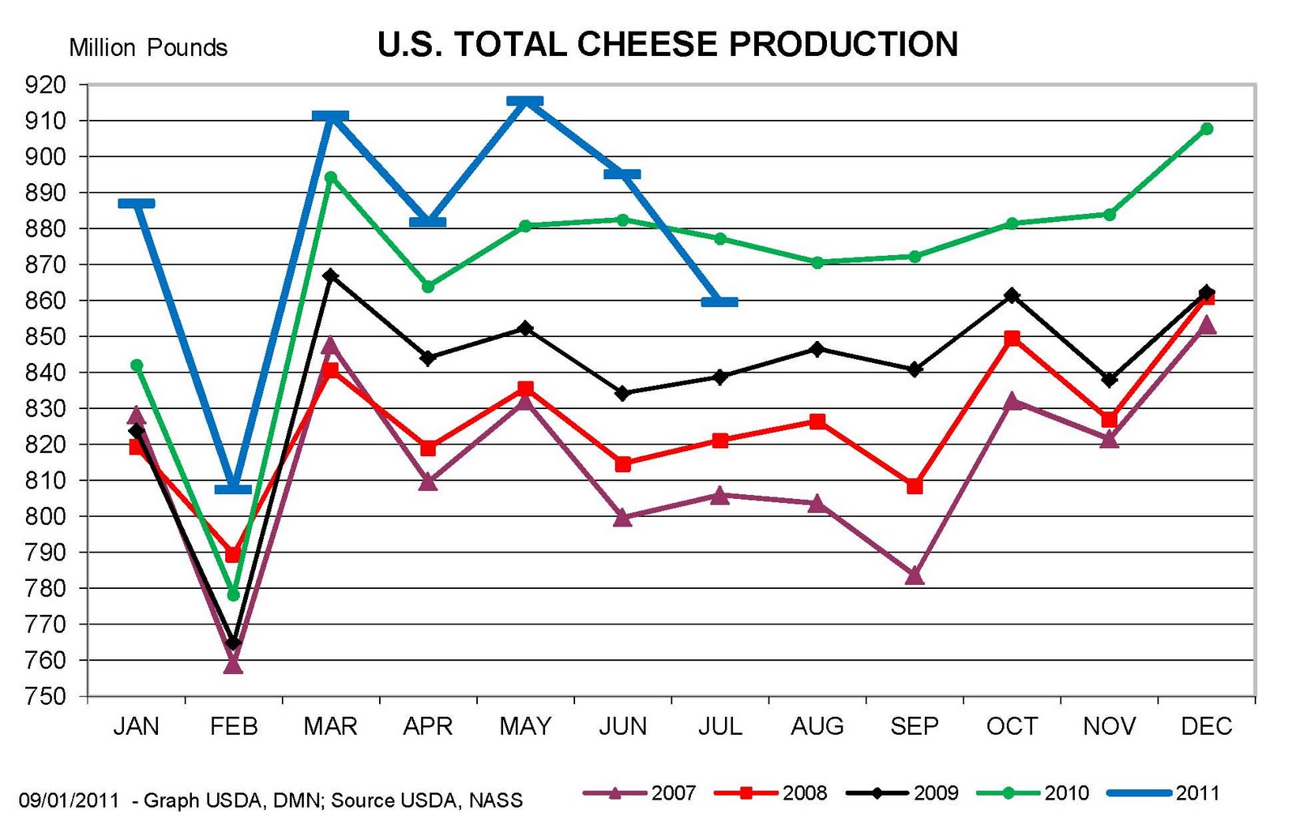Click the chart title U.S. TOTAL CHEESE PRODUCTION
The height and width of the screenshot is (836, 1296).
667,45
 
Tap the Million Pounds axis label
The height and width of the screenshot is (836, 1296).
148,48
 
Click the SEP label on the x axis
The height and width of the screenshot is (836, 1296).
914,726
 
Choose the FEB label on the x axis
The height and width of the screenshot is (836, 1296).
233,726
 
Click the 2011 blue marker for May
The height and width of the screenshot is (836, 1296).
525,102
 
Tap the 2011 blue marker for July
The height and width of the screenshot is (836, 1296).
719,302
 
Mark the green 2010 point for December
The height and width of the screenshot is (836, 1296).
1206,129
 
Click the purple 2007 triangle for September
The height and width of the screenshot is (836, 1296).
914,576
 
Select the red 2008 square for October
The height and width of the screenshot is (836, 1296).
1012,338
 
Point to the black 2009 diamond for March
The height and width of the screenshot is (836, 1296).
330,276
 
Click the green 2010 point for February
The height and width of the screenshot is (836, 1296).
233,595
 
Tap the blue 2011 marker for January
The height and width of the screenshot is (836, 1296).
136,203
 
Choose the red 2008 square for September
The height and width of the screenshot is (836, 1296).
914,486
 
